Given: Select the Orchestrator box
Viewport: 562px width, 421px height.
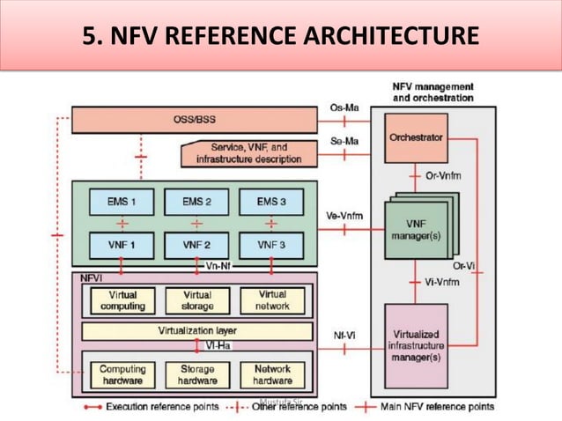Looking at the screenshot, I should click(415, 138).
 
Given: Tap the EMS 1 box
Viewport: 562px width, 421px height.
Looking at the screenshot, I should click(122, 202).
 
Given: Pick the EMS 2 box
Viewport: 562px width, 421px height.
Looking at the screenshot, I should click(197, 202).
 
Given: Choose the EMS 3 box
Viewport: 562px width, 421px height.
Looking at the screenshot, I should click(271, 202).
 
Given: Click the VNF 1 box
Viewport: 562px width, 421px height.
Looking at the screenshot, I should click(122, 243).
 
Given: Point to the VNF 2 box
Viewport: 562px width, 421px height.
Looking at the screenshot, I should click(197, 243).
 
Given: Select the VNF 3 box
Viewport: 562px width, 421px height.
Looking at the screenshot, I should click(271, 243).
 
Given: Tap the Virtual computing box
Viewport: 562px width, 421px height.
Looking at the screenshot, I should click(122, 300).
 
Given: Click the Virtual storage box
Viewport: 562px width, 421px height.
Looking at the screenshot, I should click(197, 300).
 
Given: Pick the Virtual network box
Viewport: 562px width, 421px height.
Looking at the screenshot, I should click(272, 300).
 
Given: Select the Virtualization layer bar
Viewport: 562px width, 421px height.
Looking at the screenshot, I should click(196, 331).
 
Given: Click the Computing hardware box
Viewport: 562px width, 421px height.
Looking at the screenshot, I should click(122, 375).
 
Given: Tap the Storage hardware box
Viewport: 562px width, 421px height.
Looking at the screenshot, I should click(197, 375).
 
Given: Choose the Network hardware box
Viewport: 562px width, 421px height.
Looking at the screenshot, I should click(272, 375).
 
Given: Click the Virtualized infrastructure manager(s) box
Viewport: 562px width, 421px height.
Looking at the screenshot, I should click(415, 345).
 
